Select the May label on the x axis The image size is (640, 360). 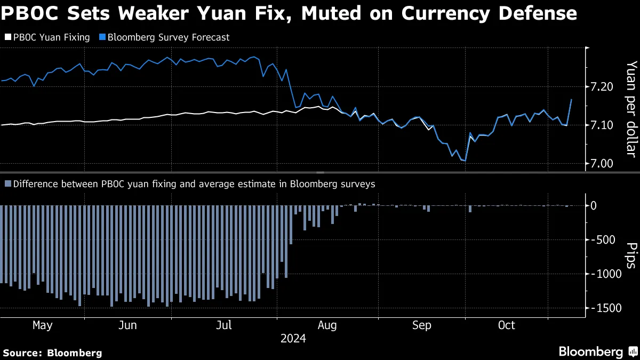(43, 325)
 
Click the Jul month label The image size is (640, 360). (225, 325)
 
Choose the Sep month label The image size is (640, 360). (421, 325)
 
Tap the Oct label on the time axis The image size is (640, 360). (506, 325)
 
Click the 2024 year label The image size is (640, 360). (293, 339)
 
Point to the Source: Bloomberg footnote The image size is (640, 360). (52, 353)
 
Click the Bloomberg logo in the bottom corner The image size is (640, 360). (597, 352)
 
